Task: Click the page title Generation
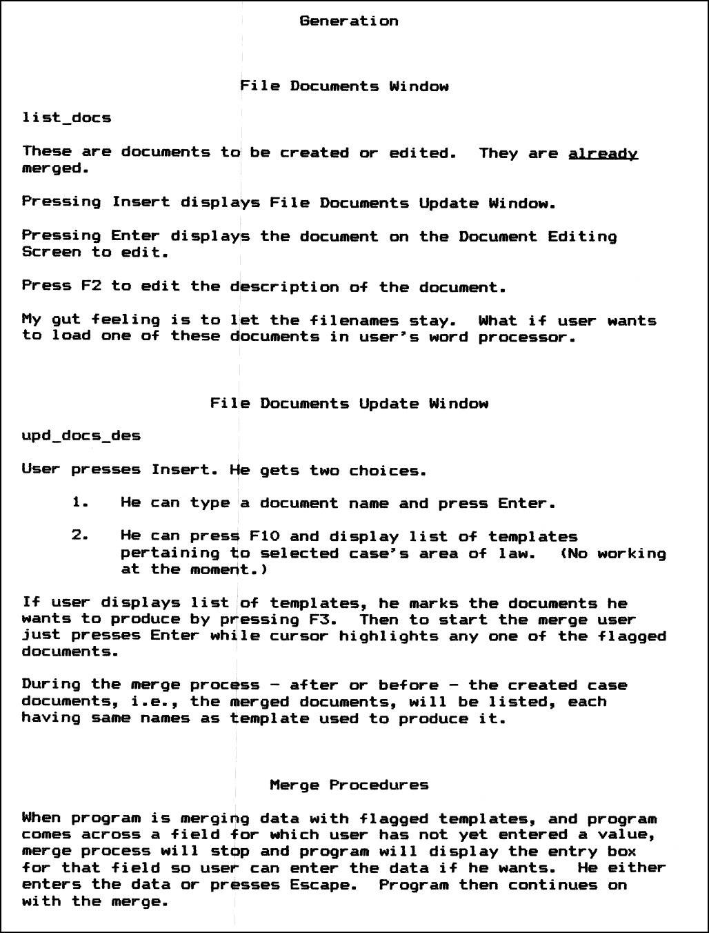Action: click(x=349, y=21)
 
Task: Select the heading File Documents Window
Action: click(x=344, y=86)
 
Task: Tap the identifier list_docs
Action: click(x=67, y=118)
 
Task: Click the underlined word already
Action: click(x=603, y=153)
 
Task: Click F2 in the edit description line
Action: click(x=91, y=286)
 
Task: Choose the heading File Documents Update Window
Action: click(x=349, y=404)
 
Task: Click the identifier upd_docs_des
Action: click(x=81, y=436)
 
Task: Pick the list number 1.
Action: click(x=81, y=503)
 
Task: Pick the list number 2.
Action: click(x=81, y=536)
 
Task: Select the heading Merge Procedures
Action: click(x=349, y=785)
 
